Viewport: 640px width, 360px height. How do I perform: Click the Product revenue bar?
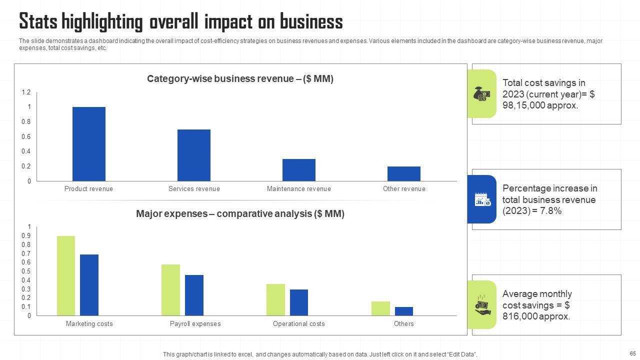(x=89, y=144)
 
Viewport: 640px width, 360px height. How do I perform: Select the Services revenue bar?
(x=194, y=155)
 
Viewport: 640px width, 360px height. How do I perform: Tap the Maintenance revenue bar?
(x=299, y=170)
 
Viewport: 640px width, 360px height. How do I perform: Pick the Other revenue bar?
(x=404, y=173)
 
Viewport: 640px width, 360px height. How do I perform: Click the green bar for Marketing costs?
(x=66, y=275)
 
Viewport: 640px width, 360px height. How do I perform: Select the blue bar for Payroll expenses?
(x=194, y=295)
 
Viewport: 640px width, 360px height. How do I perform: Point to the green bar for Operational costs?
(x=275, y=299)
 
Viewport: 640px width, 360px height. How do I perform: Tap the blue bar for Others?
(x=404, y=311)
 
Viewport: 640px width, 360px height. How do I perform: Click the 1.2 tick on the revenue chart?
(x=26, y=92)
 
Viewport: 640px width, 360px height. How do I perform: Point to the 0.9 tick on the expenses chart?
(x=26, y=235)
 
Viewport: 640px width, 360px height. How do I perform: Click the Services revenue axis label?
(x=194, y=189)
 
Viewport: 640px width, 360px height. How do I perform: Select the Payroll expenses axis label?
(x=195, y=324)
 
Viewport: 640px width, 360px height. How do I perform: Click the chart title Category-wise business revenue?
(x=240, y=79)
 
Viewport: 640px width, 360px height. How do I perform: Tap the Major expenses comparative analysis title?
(x=240, y=214)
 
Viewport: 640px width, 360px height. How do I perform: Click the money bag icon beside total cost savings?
(x=482, y=94)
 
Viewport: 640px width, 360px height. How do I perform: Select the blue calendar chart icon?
(x=482, y=199)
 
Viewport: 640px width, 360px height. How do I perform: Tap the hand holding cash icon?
(x=482, y=304)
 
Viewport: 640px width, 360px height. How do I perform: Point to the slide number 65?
(x=632, y=353)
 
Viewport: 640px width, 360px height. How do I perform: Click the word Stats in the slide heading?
(x=38, y=22)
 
